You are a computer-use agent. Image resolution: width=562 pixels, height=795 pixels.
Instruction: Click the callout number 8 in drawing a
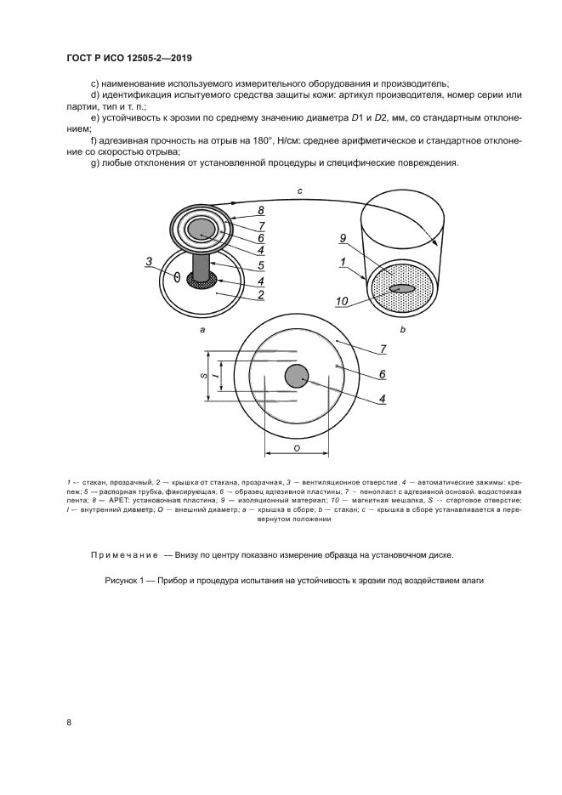coord(262,209)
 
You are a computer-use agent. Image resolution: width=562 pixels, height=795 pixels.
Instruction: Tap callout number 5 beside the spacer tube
coord(262,266)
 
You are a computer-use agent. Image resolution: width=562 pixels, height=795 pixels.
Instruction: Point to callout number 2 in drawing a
coord(262,295)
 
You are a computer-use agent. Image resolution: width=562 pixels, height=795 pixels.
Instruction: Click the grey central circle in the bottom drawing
coord(296,376)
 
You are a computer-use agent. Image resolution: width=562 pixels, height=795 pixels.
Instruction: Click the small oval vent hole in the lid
coord(177,277)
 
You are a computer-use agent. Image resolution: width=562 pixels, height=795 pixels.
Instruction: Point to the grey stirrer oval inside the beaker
coord(403,289)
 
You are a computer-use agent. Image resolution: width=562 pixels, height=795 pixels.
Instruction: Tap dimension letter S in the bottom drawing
coord(203,374)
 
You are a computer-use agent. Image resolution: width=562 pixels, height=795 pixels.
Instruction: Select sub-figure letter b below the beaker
coord(402,328)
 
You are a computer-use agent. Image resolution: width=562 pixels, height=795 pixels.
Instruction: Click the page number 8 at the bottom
coord(69,723)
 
